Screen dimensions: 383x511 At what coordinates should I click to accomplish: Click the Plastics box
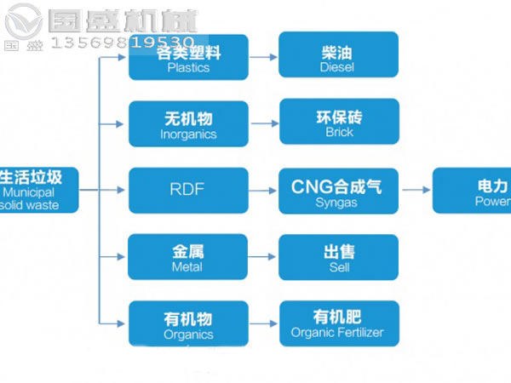click(188, 58)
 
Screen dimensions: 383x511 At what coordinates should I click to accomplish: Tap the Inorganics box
click(188, 124)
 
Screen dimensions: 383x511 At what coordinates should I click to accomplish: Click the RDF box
click(188, 190)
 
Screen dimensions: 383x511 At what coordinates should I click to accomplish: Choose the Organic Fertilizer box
click(338, 323)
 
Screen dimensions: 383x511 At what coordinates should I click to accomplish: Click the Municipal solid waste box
click(39, 190)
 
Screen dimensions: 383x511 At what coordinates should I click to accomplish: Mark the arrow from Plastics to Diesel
click(264, 57)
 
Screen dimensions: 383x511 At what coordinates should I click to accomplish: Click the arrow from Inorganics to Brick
click(264, 123)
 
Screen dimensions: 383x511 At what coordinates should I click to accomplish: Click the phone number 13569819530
click(123, 40)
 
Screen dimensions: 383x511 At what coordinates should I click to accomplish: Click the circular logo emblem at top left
click(23, 20)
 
